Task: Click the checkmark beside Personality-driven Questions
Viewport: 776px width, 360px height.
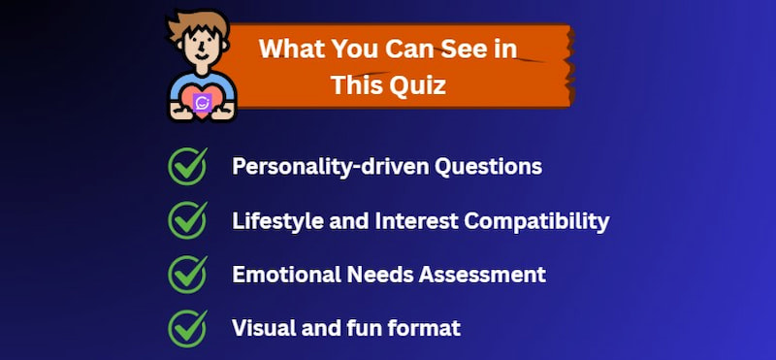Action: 187,166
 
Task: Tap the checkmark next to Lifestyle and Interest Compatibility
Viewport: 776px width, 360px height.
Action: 187,220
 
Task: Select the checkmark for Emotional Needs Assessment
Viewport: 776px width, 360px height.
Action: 187,275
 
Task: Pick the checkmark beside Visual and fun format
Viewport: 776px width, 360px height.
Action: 187,328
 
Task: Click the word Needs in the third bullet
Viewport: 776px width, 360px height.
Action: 374,275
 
